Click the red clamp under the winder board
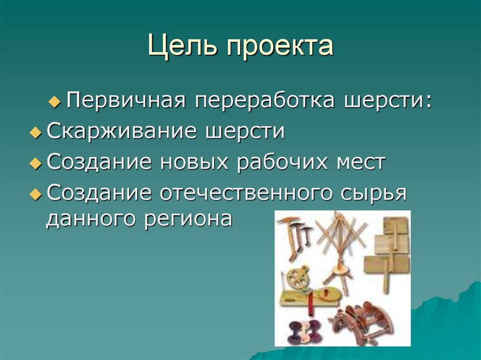(310, 306)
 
